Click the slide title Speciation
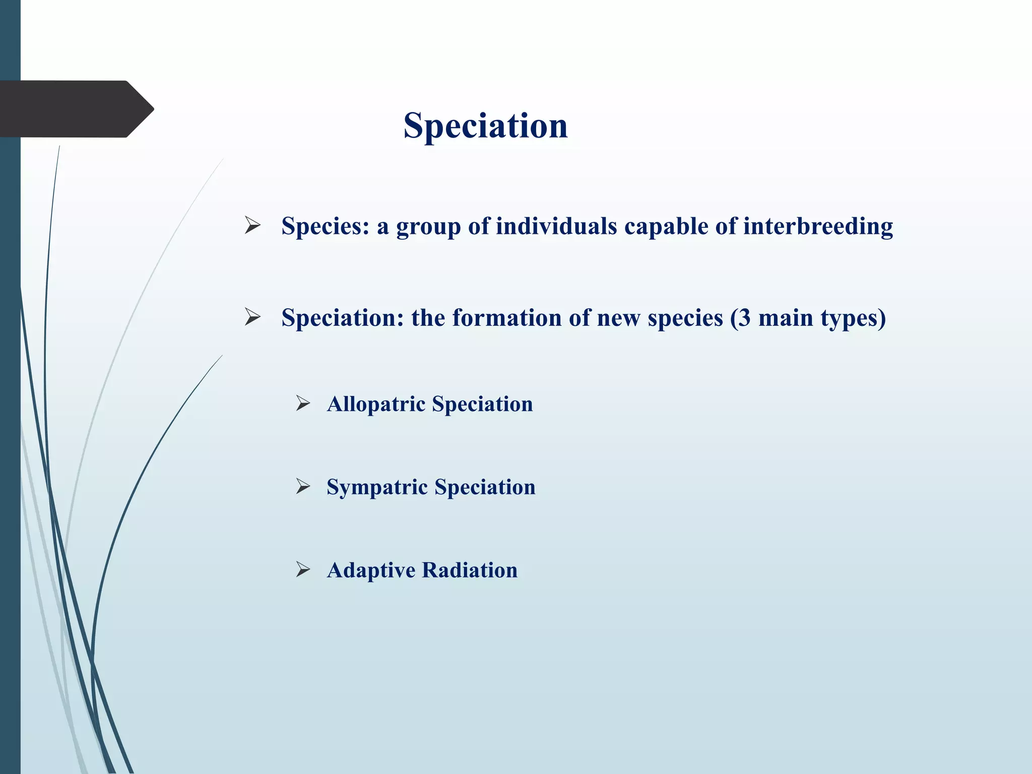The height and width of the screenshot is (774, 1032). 485,125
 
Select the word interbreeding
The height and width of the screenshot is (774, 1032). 817,226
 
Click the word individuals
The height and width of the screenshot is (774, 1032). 556,226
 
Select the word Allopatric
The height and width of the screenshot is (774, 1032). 375,404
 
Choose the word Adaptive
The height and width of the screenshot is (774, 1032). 371,570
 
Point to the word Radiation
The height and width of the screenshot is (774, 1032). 470,570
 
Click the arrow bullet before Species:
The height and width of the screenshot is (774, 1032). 252,225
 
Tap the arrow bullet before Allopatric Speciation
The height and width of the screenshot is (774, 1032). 303,403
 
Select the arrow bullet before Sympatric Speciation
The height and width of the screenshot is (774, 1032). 303,486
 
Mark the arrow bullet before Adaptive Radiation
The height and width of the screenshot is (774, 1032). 303,569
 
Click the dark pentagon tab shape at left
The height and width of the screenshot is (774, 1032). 76,109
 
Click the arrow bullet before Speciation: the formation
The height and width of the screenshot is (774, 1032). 252,317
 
